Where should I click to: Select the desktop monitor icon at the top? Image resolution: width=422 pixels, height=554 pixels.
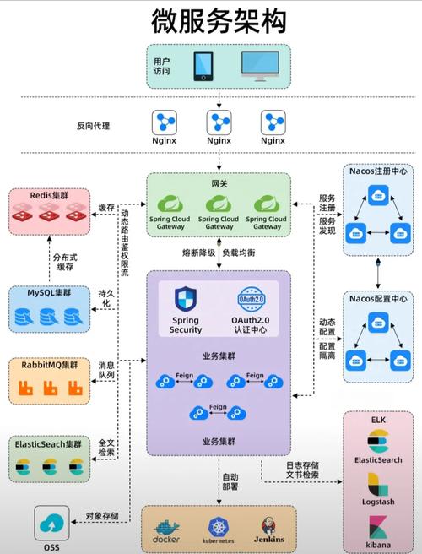pyautogui.click(x=260, y=65)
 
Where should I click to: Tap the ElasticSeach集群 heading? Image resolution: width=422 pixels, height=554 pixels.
pyautogui.click(x=49, y=443)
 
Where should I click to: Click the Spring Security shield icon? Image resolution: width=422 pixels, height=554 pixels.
pyautogui.click(x=186, y=300)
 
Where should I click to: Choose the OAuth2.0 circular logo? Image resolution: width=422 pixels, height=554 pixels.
pyautogui.click(x=252, y=300)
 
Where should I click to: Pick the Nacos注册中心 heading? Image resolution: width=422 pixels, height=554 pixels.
pyautogui.click(x=378, y=171)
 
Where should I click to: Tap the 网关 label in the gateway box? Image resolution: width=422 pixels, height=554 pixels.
pyautogui.click(x=219, y=182)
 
